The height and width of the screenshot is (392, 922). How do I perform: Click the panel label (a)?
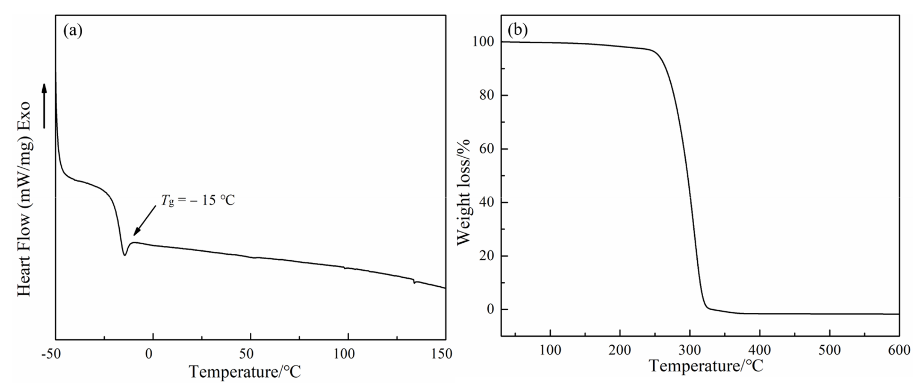point(73,31)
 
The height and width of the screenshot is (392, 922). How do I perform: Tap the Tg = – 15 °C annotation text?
point(197,200)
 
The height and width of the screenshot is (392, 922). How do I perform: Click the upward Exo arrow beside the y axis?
point(44,106)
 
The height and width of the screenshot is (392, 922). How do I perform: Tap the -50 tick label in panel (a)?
point(51,354)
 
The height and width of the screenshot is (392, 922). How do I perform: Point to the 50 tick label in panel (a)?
point(247,354)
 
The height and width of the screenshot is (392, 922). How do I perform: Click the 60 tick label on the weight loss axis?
point(486,149)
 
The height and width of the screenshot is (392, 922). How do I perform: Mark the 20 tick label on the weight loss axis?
point(486,256)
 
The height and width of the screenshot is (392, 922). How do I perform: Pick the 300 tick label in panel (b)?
point(690,350)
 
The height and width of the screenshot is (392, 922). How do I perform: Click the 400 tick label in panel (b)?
point(759,350)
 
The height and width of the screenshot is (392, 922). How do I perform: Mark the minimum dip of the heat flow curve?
point(124,255)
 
